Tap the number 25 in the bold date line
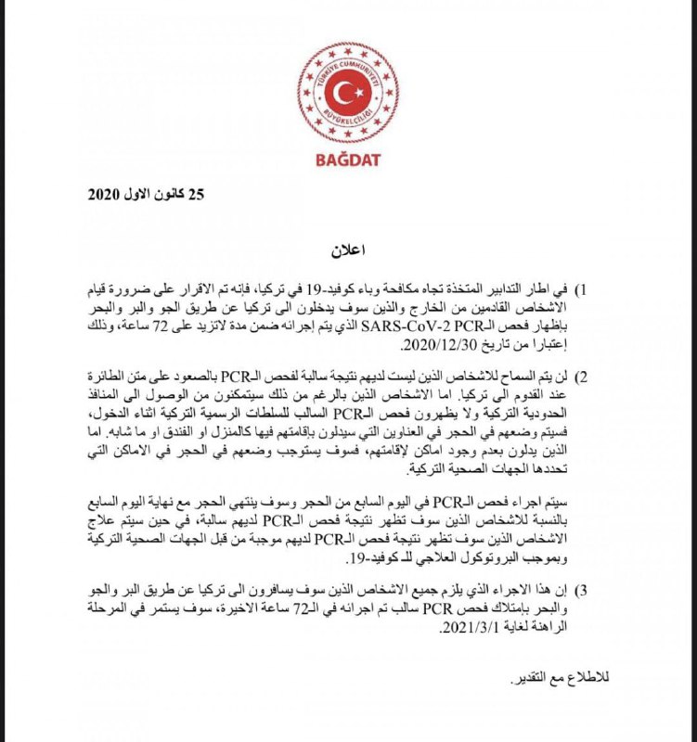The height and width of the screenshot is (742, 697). click(194, 195)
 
